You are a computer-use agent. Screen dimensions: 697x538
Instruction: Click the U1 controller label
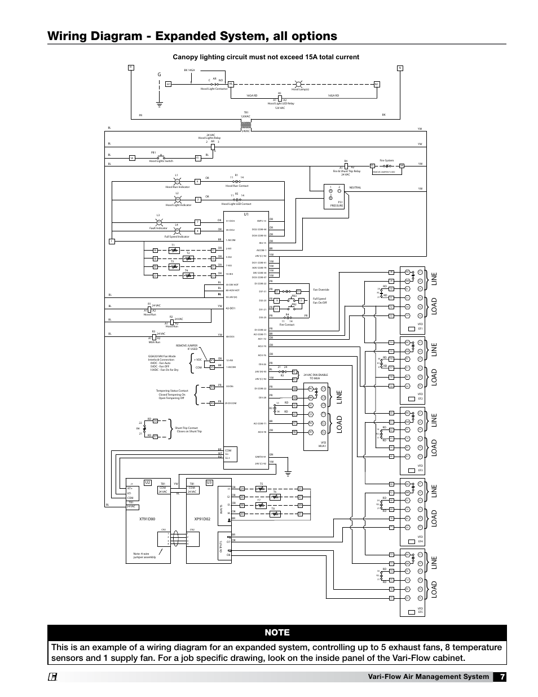pos(246,214)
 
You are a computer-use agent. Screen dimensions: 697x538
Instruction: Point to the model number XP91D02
pos(201,518)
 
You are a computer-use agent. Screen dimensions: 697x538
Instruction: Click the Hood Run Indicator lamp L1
pos(177,181)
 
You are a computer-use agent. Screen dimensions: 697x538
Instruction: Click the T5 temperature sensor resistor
pos(261,488)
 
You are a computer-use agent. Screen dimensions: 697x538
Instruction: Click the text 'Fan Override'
pos(321,290)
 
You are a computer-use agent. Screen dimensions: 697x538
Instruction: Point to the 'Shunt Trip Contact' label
pos(188,428)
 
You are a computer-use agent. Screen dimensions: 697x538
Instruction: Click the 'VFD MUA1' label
pos(323,444)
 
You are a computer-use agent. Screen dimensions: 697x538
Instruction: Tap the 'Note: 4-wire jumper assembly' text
pos(145,555)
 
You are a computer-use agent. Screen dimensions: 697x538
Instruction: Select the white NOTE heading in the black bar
pos(277,633)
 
